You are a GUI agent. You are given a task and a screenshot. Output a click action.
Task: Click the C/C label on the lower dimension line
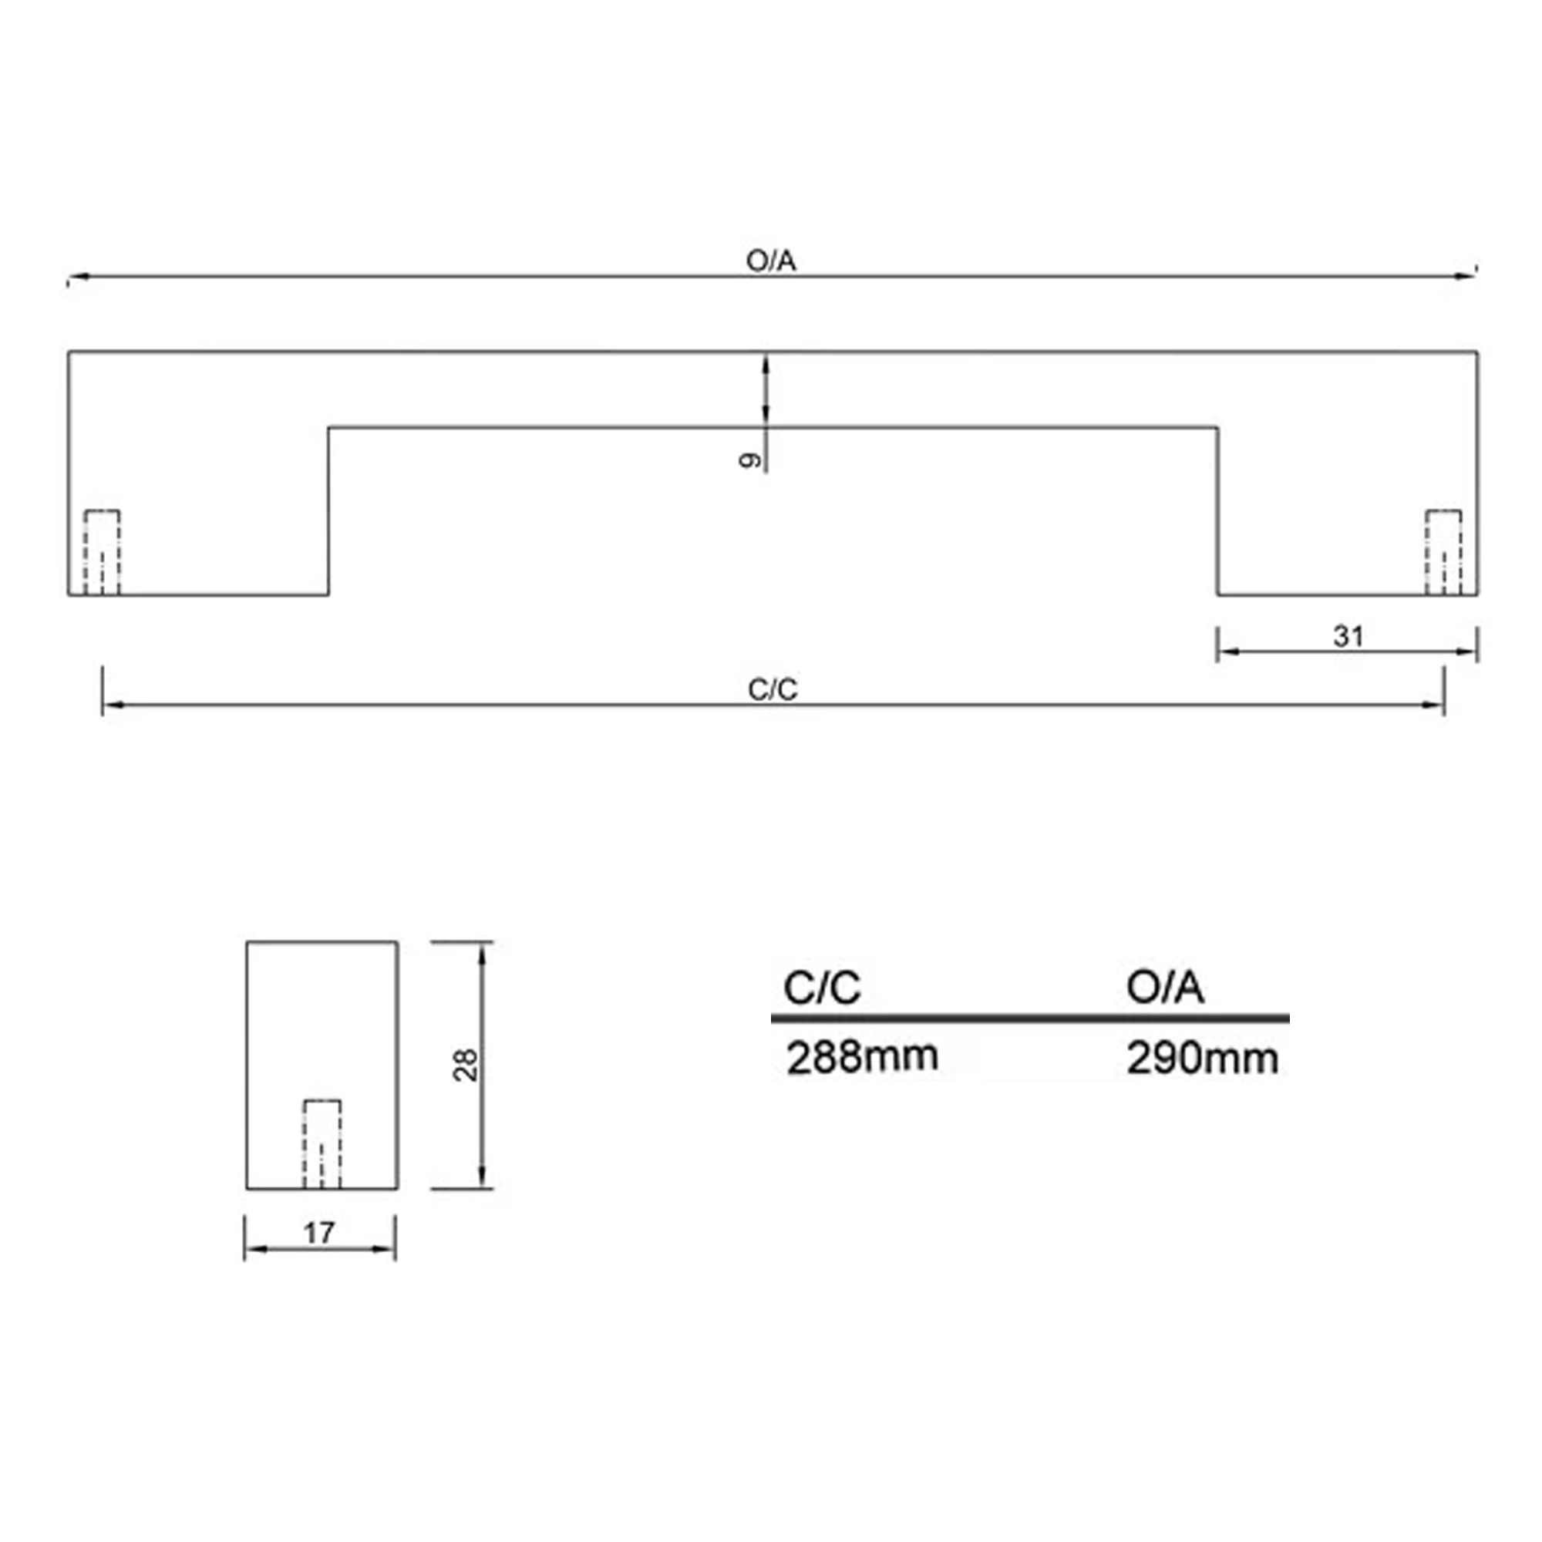click(773, 689)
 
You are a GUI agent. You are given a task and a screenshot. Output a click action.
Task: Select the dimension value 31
click(1348, 636)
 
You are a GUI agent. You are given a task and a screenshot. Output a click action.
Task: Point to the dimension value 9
click(749, 460)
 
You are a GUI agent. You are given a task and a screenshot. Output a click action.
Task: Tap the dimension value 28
click(466, 1065)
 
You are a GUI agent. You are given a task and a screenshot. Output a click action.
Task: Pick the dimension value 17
click(318, 1233)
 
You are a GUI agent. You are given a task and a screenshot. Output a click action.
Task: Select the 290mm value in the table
click(1202, 1059)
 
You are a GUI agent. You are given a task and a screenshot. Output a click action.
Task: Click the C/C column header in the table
click(822, 988)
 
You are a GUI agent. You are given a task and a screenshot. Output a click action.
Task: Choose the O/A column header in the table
click(1164, 988)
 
